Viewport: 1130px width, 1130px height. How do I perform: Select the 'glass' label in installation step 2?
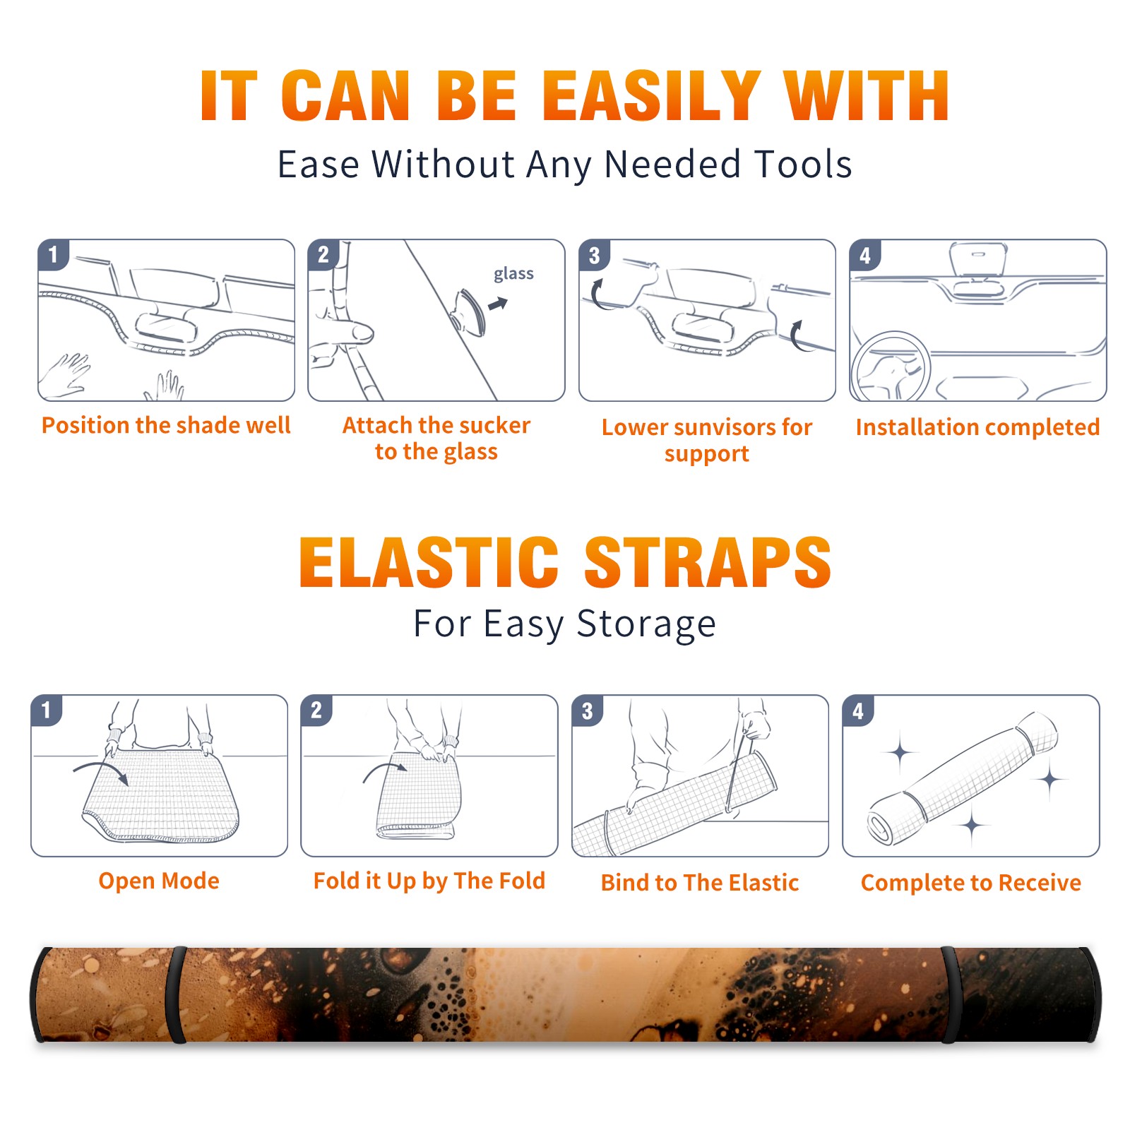tap(513, 274)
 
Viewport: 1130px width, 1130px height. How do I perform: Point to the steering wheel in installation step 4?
tap(891, 366)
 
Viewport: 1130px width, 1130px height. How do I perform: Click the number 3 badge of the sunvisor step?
tap(594, 255)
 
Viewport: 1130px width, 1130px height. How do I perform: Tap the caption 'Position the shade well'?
tap(166, 425)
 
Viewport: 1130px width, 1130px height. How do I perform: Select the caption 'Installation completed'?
tap(977, 427)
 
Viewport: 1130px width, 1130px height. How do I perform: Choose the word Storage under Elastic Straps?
tap(646, 624)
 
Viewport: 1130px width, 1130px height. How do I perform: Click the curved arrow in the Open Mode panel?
tap(100, 771)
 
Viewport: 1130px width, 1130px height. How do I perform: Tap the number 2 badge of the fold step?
tap(316, 710)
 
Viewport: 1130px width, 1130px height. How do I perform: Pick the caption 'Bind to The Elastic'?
tap(699, 882)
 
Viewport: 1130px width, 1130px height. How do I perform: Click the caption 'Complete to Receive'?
tap(970, 882)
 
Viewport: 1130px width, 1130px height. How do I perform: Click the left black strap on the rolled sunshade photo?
tap(176, 994)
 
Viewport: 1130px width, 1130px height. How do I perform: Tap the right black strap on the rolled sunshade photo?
tap(950, 994)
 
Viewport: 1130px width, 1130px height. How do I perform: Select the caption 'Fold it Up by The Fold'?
tap(429, 881)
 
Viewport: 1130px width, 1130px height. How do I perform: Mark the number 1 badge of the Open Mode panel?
tap(46, 710)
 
